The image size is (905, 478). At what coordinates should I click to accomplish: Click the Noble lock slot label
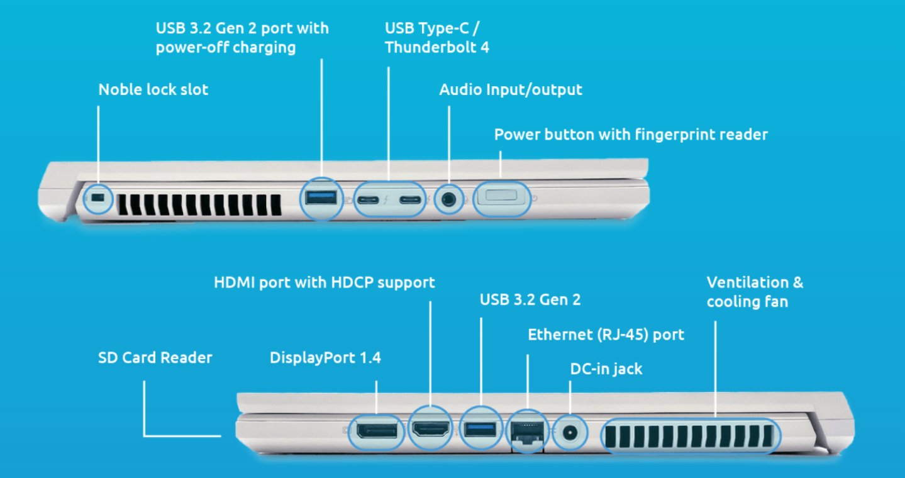click(x=153, y=89)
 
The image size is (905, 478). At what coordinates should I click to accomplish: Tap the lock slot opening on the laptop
click(x=97, y=198)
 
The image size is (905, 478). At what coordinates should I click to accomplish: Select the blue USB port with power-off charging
click(x=321, y=198)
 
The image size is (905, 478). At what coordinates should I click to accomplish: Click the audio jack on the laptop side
click(x=448, y=199)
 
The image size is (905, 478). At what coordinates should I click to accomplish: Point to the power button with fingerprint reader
click(x=501, y=197)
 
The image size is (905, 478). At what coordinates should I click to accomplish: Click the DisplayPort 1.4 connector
click(x=376, y=431)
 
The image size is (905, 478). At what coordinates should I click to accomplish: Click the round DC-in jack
click(x=570, y=433)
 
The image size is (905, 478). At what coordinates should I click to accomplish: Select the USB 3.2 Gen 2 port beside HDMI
click(x=480, y=430)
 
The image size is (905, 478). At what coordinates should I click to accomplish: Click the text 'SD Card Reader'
click(x=155, y=358)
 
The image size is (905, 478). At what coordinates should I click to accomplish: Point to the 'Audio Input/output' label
click(x=510, y=90)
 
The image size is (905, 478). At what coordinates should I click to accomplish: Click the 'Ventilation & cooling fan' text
click(x=754, y=292)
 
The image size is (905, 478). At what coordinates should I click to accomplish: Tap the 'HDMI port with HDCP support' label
click(x=324, y=282)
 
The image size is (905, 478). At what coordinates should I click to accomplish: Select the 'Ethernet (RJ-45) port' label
click(x=606, y=335)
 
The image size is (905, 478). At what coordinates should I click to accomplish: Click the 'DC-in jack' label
click(x=606, y=369)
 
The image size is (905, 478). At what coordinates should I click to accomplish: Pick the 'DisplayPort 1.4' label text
click(x=325, y=358)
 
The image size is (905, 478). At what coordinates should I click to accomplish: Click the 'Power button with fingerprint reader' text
click(x=630, y=135)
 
